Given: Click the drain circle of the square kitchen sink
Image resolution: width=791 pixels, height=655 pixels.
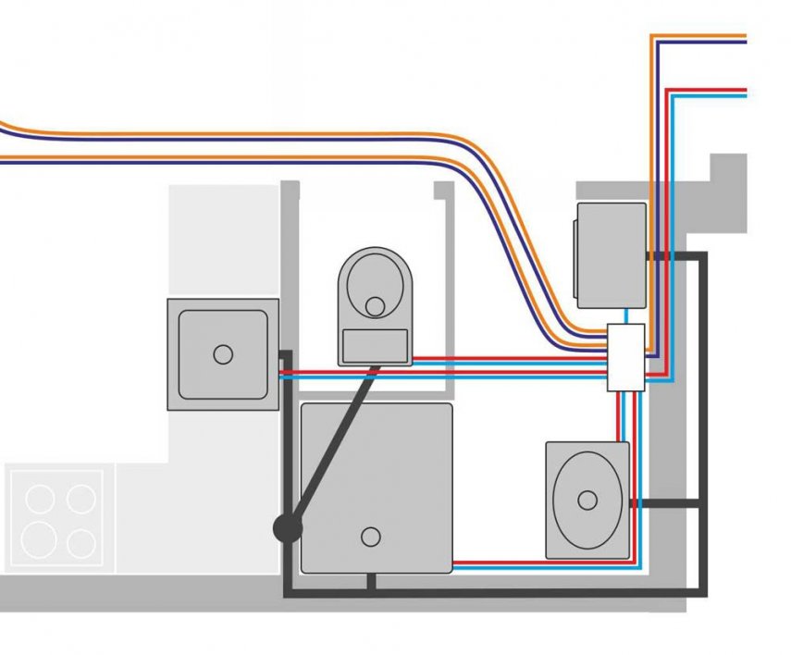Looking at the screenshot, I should click(x=222, y=353).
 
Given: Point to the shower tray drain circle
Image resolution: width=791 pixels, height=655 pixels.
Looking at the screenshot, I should click(x=371, y=536).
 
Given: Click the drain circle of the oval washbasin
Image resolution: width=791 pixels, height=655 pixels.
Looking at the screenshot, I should click(x=587, y=501).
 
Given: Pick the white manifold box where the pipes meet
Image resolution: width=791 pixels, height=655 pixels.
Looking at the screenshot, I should click(x=625, y=357).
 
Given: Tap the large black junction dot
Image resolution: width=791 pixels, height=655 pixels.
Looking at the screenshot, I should click(x=287, y=529).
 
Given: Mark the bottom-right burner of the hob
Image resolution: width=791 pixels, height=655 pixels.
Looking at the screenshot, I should click(x=81, y=542).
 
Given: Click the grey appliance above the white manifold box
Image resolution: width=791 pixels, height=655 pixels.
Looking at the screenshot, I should click(x=611, y=255).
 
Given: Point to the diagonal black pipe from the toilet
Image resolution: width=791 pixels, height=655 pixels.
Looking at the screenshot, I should click(x=333, y=444).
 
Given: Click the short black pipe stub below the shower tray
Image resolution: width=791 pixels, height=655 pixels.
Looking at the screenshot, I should click(x=371, y=582).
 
